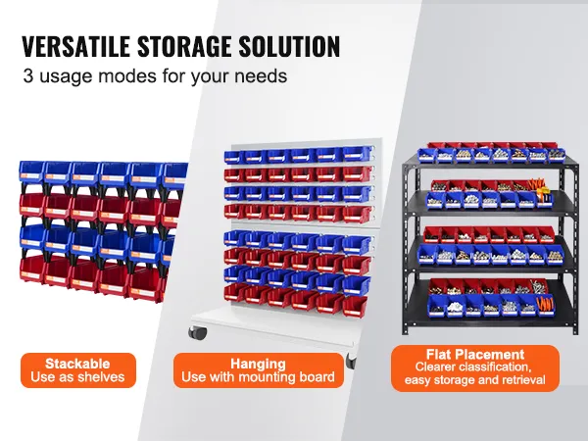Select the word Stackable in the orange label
click(77, 363)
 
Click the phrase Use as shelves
click(77, 377)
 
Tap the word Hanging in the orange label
click(259, 363)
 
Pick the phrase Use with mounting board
click(259, 377)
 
